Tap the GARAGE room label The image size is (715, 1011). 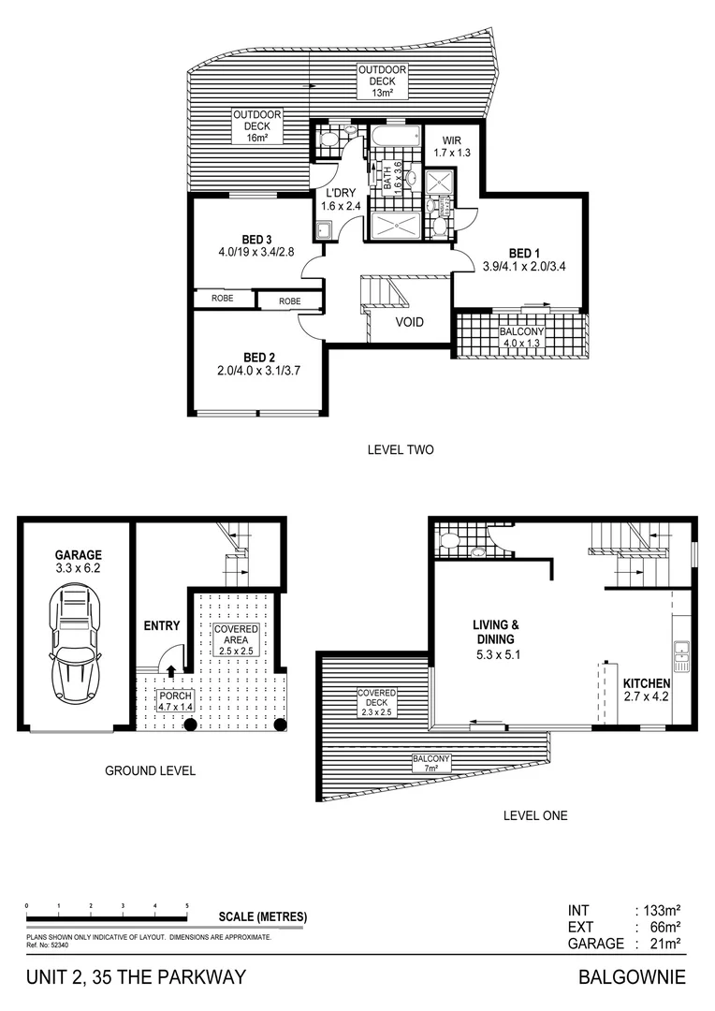click(x=78, y=561)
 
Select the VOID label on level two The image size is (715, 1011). click(x=409, y=322)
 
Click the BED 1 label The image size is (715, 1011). click(x=524, y=259)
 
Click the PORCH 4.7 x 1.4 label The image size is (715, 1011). click(x=175, y=701)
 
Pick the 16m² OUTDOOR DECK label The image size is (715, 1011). click(x=257, y=126)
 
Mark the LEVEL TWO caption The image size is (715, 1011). click(x=401, y=450)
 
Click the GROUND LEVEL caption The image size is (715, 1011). click(x=150, y=770)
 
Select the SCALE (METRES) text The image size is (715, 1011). click(x=262, y=916)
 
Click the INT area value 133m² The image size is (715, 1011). click(x=659, y=910)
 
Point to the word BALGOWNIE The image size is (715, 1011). click(x=633, y=978)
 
